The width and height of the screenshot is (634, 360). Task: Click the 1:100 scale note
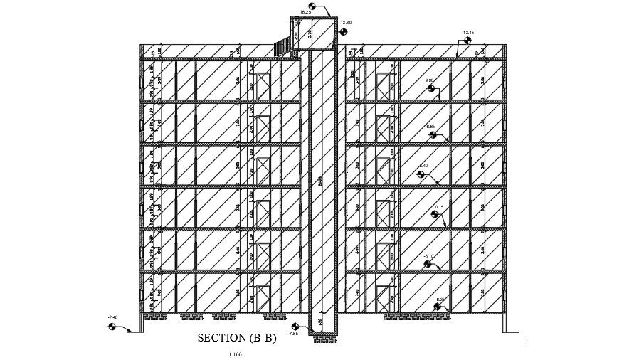[x=236, y=354]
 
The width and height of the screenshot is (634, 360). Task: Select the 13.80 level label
[x=346, y=23]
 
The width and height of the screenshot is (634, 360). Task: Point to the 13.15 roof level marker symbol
[x=468, y=41]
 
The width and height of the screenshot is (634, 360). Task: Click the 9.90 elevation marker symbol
[x=430, y=89]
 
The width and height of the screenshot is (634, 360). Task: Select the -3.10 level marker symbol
[x=428, y=264]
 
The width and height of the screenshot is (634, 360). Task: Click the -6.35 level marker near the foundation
[x=438, y=307]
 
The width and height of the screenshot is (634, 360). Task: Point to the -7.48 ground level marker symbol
[x=112, y=327]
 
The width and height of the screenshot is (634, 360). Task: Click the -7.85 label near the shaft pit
[x=293, y=333]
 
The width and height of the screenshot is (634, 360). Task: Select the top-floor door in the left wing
[x=263, y=87]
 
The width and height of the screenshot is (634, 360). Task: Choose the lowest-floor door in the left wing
[x=263, y=299]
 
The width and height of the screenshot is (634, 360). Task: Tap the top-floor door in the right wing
[x=384, y=87]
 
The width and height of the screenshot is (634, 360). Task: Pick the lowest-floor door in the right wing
[x=384, y=299]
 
